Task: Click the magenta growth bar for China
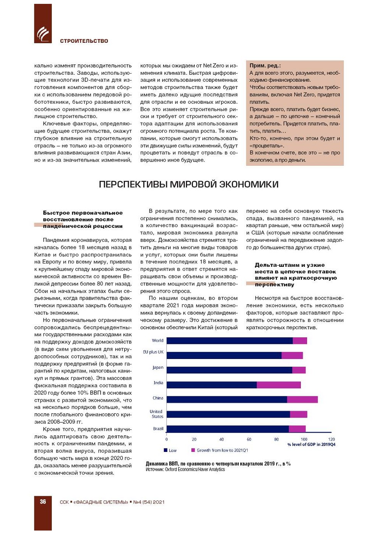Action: [302, 399]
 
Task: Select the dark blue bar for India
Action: [211, 384]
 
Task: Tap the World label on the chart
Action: [157, 340]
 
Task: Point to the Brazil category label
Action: [158, 429]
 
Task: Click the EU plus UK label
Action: [153, 352]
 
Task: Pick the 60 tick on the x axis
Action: [249, 439]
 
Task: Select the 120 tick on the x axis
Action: [331, 439]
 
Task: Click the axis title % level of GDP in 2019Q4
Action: [311, 445]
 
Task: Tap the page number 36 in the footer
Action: [43, 502]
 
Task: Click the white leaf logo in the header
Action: [43, 34]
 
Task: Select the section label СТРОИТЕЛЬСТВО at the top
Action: [84, 41]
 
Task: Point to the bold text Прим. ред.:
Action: [265, 66]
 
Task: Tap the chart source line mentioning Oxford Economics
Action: [185, 470]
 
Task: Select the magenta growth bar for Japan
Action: [299, 370]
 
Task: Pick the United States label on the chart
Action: [157, 414]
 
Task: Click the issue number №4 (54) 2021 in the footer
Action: [149, 502]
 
